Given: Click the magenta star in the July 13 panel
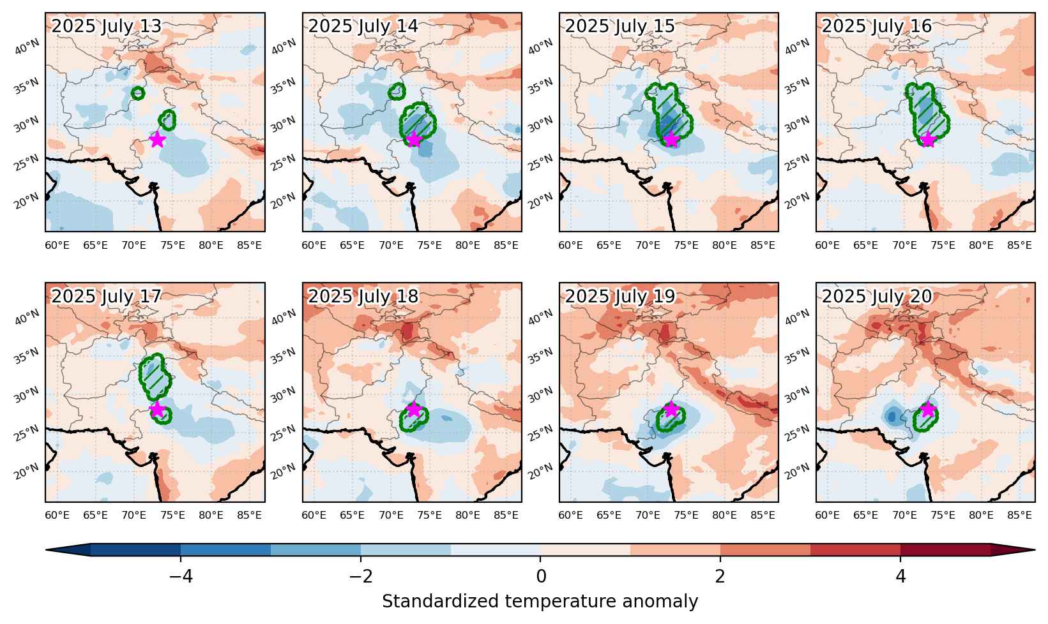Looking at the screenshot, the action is tap(157, 139).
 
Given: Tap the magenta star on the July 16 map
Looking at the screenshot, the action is tap(928, 139).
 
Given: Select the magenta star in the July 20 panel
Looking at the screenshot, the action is tap(928, 410).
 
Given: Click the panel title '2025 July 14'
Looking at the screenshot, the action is tap(363, 26).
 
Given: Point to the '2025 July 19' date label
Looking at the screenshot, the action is tap(620, 296).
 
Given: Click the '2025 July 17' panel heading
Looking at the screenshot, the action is tap(106, 296).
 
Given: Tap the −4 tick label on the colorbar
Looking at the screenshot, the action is tap(181, 576).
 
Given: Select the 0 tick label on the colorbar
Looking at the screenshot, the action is tap(541, 576).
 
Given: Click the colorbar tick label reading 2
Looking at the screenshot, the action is tap(720, 576).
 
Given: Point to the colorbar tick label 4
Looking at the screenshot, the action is tap(900, 576).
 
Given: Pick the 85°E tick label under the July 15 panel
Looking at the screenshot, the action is tap(763, 246).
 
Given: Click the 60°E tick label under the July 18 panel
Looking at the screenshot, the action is tap(314, 515).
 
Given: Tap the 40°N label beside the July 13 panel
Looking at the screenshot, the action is tap(27, 47).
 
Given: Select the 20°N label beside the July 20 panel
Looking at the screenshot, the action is tap(797, 471).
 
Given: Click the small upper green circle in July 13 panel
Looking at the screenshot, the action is tap(137, 93).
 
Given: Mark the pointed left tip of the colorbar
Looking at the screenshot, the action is tap(46, 550).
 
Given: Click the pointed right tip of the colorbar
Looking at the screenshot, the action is tap(1035, 550).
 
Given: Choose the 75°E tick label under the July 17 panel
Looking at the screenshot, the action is tap(172, 515).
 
